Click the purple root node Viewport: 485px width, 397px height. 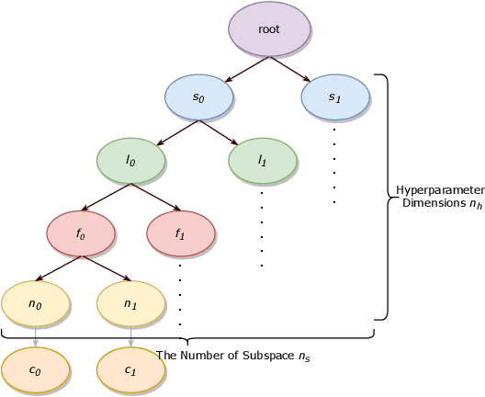pyautogui.click(x=268, y=30)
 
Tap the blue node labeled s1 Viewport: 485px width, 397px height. pyautogui.click(x=336, y=96)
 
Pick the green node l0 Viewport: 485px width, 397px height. pyautogui.click(x=131, y=161)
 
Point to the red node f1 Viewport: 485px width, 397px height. pyautogui.click(x=180, y=233)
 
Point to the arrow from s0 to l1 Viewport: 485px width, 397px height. pyautogui.click(x=224, y=135)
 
